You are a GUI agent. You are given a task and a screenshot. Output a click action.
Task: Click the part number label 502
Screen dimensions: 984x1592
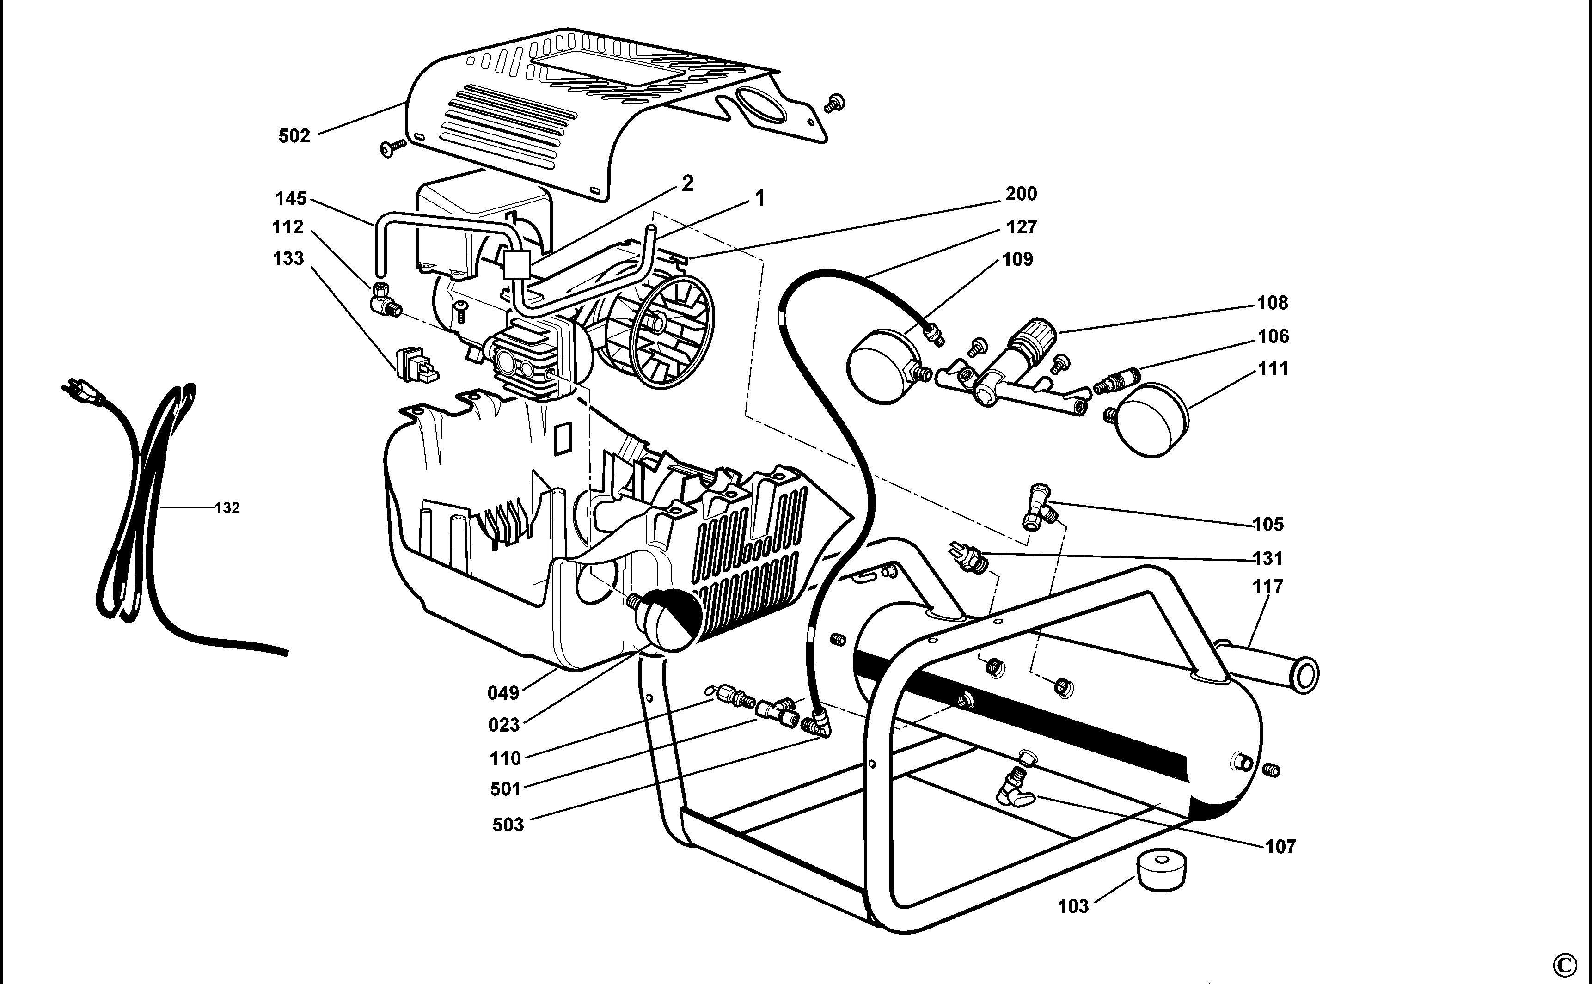pyautogui.click(x=294, y=136)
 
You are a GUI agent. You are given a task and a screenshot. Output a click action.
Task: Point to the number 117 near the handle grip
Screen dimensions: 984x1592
pyautogui.click(x=1267, y=587)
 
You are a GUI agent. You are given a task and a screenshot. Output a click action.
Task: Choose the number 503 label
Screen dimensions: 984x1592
pyautogui.click(x=508, y=825)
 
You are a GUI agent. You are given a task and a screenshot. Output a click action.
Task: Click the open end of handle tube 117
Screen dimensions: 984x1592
pyautogui.click(x=1304, y=675)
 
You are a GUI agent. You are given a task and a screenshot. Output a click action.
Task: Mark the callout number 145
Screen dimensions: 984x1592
pyautogui.click(x=290, y=198)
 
